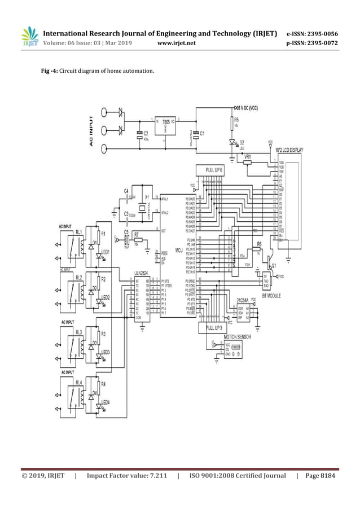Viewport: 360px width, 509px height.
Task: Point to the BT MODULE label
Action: click(269, 295)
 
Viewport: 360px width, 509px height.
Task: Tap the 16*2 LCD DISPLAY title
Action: click(289, 150)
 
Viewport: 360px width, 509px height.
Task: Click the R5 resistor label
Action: click(237, 120)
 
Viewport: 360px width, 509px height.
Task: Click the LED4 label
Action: click(106, 402)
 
